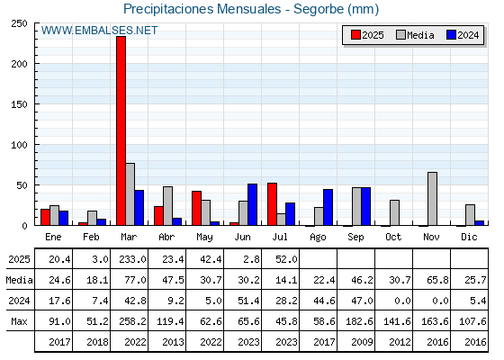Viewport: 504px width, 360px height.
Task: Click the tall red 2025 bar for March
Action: coord(121,130)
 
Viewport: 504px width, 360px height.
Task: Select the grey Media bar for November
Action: coord(432,199)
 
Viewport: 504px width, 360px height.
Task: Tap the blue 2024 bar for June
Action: coord(252,204)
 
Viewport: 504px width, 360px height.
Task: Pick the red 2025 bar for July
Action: coord(272,204)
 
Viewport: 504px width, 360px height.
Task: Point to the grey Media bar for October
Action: coord(394,212)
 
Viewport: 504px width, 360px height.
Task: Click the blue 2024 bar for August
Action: coord(328,207)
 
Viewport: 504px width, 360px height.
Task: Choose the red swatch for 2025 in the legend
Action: coord(355,35)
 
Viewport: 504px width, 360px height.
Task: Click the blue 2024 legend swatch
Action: coord(451,35)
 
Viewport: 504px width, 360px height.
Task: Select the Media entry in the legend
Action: coord(415,35)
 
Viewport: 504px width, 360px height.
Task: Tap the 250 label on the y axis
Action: coord(19,23)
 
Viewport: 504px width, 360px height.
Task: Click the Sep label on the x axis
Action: coord(355,238)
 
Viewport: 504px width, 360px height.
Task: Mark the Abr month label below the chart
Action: coord(166,237)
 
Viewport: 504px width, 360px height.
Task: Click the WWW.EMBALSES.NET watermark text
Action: coord(99,31)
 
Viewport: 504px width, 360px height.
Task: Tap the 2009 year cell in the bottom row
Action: coord(362,342)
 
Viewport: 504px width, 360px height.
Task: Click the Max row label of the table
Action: coord(19,321)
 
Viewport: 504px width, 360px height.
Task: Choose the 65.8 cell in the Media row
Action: coord(437,280)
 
